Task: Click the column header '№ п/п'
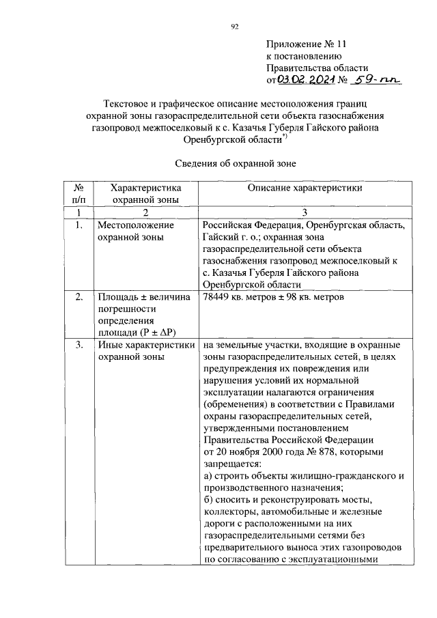click(79, 193)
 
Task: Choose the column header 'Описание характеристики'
click(305, 187)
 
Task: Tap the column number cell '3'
click(305, 212)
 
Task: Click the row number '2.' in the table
click(79, 297)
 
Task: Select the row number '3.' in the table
click(79, 346)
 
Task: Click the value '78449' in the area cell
click(217, 297)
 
